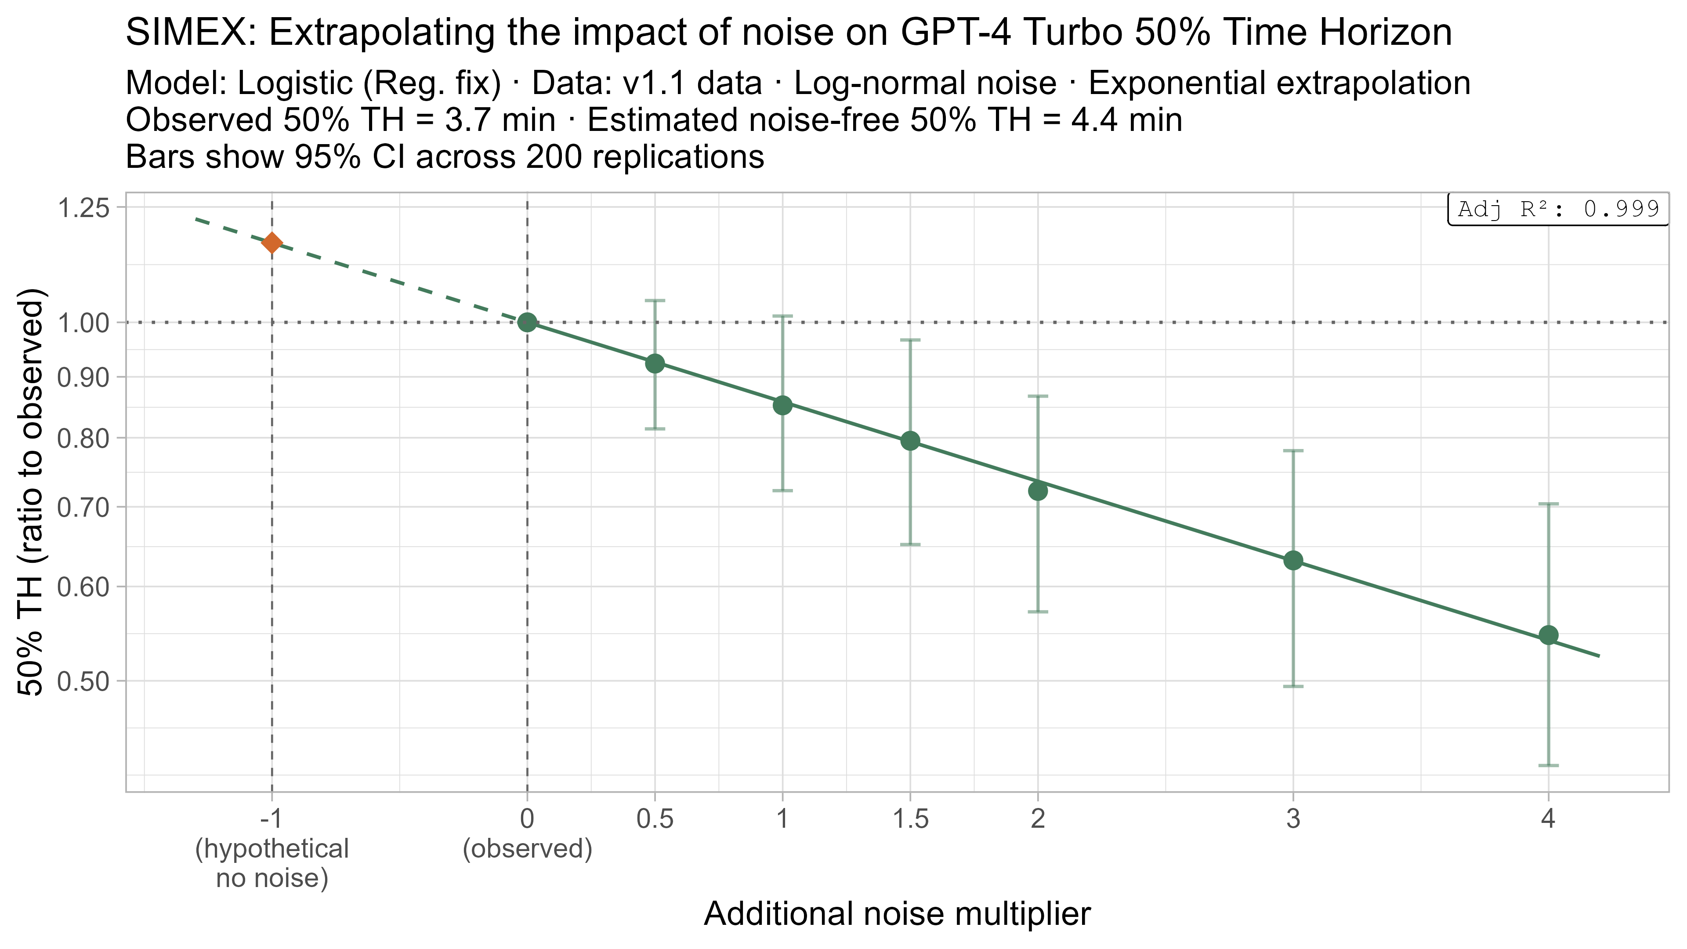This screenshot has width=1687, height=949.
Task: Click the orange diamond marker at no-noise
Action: pyautogui.click(x=272, y=243)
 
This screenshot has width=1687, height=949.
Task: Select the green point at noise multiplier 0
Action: pyautogui.click(x=527, y=322)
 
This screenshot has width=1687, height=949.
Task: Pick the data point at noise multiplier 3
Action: pyautogui.click(x=1293, y=561)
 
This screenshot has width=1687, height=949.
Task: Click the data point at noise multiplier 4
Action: pyautogui.click(x=1548, y=635)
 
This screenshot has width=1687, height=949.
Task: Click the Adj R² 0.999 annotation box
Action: pyautogui.click(x=1558, y=210)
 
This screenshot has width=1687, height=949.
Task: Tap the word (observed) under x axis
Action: pyautogui.click(x=527, y=849)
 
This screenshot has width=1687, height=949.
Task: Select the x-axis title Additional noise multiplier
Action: pyautogui.click(x=897, y=914)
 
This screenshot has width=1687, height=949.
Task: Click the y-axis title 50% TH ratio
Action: pyautogui.click(x=32, y=491)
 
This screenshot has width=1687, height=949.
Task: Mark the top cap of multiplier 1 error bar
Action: pyautogui.click(x=782, y=316)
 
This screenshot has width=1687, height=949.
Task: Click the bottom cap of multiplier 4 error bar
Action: pyautogui.click(x=1548, y=765)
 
